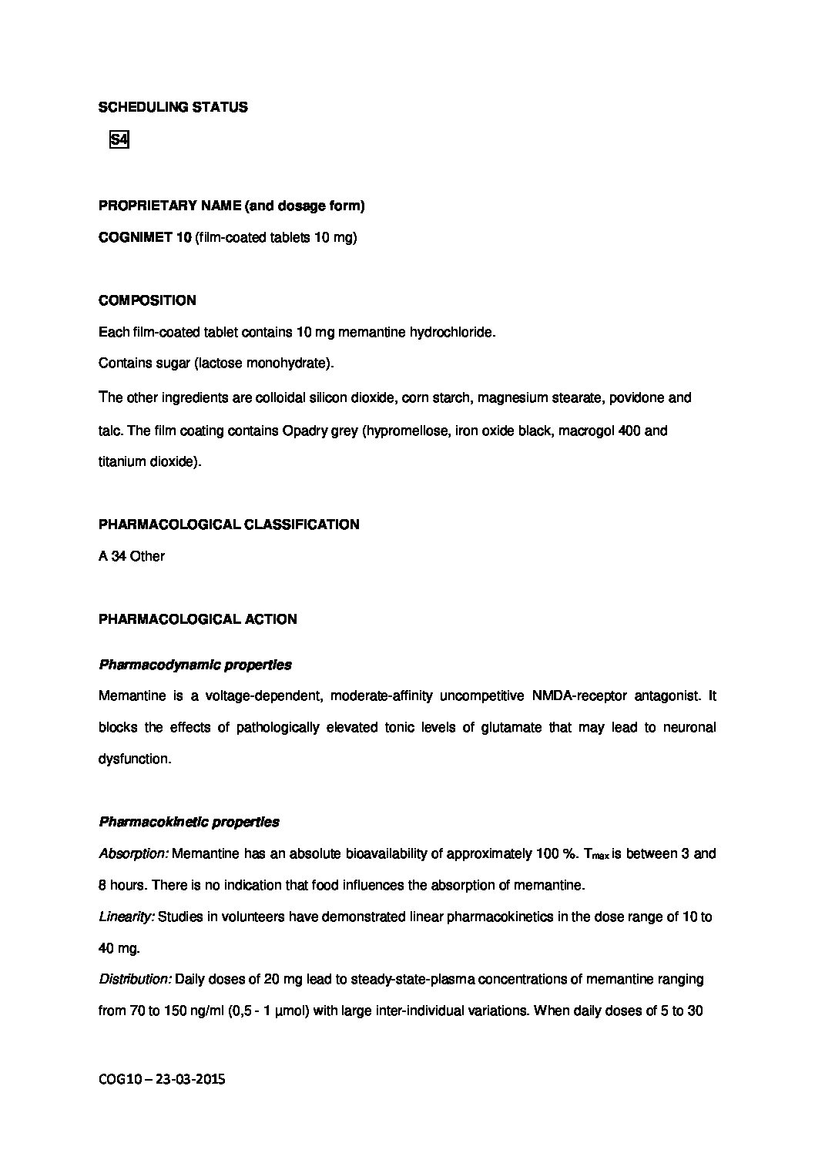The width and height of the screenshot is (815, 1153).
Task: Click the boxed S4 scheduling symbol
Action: tap(119, 140)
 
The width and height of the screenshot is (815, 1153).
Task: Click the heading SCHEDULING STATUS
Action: tap(173, 108)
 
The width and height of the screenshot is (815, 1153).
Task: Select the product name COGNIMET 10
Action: tap(145, 238)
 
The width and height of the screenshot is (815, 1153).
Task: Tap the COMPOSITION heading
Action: tap(147, 300)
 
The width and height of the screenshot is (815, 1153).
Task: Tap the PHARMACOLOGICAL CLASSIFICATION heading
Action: tap(229, 525)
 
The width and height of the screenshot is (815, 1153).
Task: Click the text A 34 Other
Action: tap(132, 556)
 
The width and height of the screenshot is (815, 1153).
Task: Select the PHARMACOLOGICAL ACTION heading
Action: tap(197, 619)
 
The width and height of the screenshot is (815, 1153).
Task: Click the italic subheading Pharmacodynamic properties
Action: tap(195, 665)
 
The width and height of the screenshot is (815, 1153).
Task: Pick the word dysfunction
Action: tap(134, 759)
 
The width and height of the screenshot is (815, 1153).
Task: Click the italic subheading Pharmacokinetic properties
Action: tap(189, 822)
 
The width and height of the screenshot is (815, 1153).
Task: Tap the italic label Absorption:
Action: tap(133, 854)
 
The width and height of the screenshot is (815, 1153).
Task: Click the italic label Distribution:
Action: tap(135, 980)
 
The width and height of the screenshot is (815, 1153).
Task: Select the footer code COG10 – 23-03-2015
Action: tap(162, 1080)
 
